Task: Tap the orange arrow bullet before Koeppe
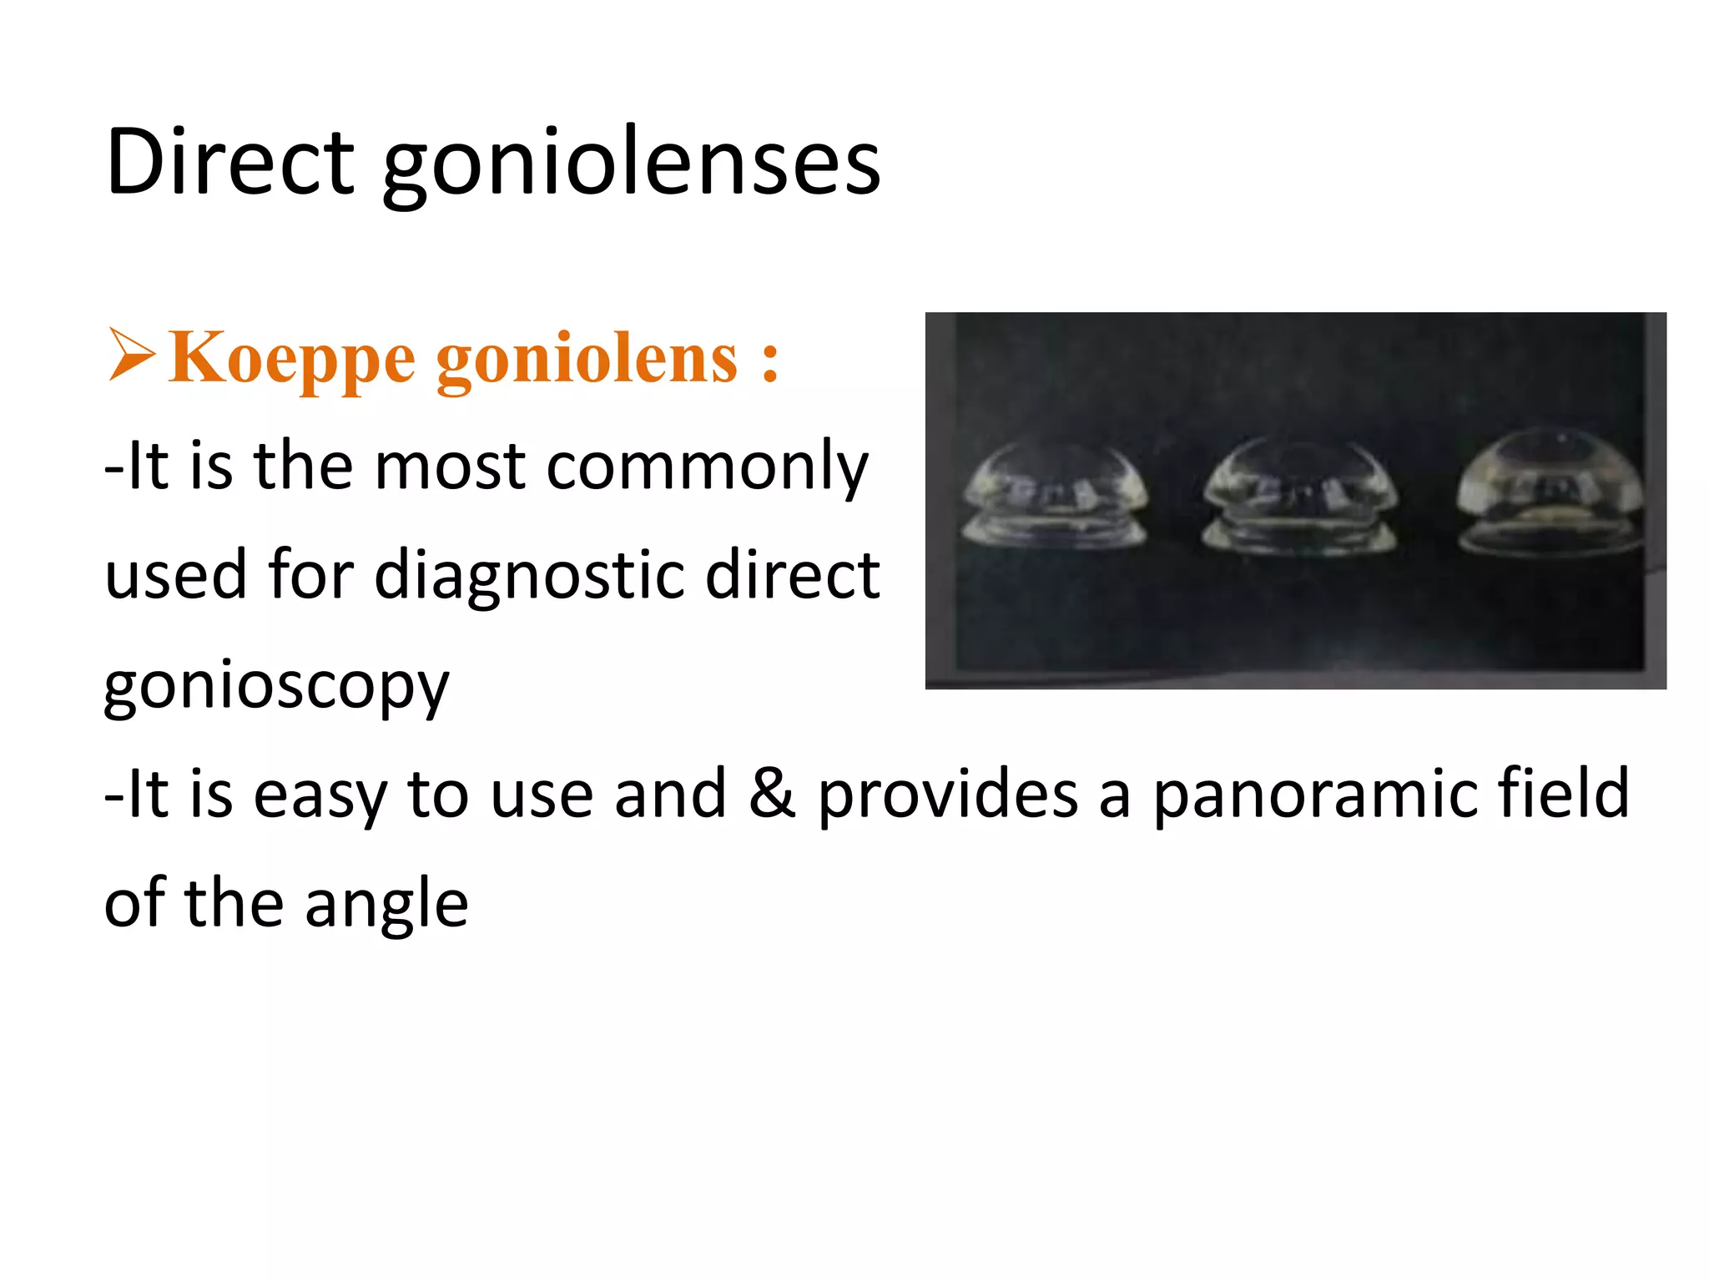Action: [132, 356]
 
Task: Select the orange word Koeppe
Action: [291, 359]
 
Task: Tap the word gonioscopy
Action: [276, 686]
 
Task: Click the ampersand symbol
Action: [772, 793]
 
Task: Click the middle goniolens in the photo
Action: [1298, 497]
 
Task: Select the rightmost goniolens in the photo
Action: [1550, 492]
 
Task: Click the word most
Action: [450, 466]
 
